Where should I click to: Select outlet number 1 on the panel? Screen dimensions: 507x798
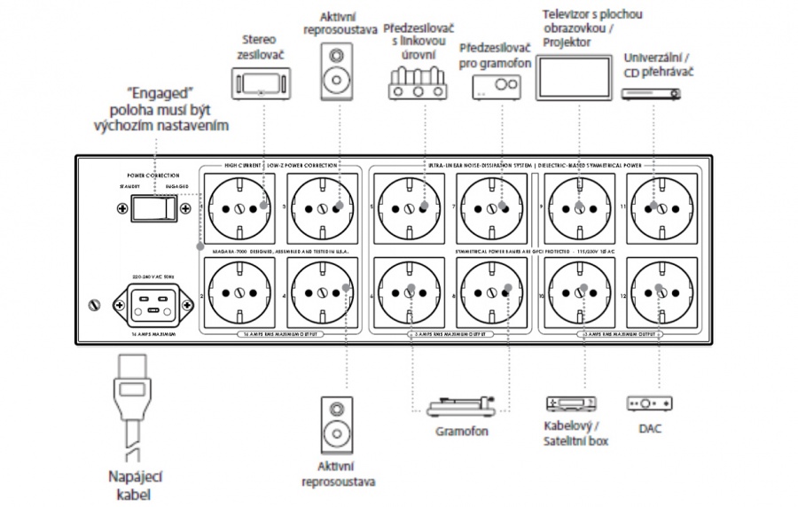click(x=239, y=209)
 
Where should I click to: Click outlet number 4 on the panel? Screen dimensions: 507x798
click(x=324, y=293)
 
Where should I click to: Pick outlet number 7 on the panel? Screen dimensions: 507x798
click(x=492, y=209)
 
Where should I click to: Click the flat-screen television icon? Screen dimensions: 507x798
click(x=575, y=79)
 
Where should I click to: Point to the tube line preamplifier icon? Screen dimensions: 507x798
click(x=416, y=85)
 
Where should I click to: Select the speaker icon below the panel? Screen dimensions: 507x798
click(x=339, y=425)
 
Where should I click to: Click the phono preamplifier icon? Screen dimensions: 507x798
click(x=495, y=85)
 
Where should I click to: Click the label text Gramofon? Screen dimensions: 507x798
click(x=461, y=432)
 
